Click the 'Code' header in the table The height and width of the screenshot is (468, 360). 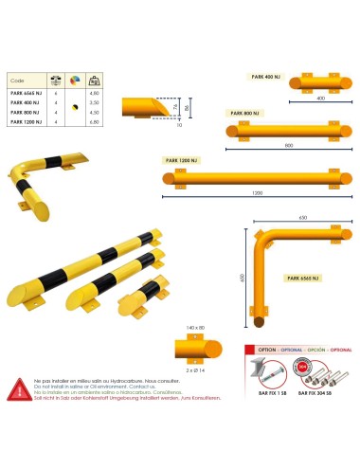(17, 81)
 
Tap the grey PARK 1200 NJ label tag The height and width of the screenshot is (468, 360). (180, 160)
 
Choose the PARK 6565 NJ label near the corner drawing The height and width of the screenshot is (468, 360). (303, 278)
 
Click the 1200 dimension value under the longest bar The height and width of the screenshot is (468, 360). (257, 193)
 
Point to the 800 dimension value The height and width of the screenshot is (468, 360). (288, 145)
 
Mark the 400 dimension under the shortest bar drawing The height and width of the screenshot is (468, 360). (320, 98)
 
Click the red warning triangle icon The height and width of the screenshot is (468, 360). (18, 387)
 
